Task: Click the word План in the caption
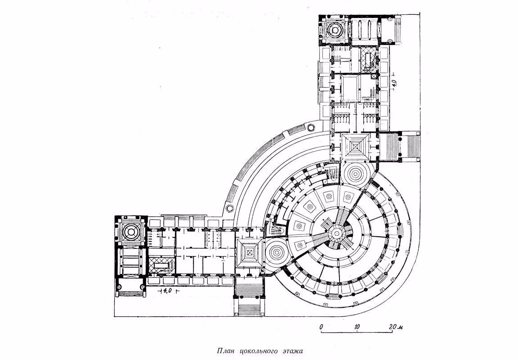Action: pos(226,351)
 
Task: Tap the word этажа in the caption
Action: pos(291,351)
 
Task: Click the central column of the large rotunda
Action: pos(337,234)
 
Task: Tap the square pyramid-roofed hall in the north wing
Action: pos(356,146)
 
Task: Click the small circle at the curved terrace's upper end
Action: pos(311,127)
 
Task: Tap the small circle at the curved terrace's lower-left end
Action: pos(230,208)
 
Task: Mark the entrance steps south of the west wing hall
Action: pos(250,297)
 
